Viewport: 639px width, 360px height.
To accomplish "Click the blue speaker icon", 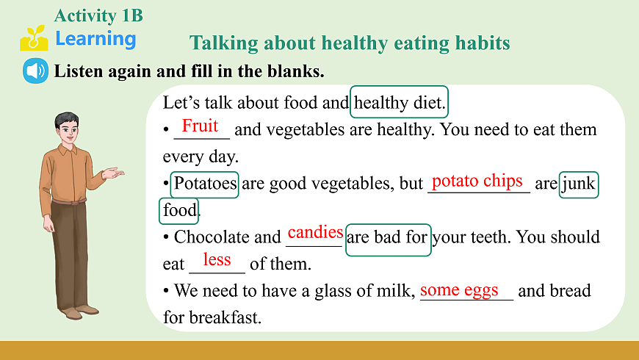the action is click(x=35, y=71).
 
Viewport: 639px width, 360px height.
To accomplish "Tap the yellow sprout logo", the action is click(x=35, y=38).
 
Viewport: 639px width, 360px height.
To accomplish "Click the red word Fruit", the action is click(x=200, y=126).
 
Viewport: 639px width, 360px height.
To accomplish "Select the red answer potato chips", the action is click(x=477, y=181).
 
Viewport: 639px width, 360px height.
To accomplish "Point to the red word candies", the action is click(x=315, y=232).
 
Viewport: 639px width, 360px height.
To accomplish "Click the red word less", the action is click(x=217, y=259).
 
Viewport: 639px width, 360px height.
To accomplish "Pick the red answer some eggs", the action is click(x=459, y=290).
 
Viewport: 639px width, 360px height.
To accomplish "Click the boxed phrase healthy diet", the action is click(x=399, y=102).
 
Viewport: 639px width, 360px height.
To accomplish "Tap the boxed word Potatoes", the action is click(x=205, y=184).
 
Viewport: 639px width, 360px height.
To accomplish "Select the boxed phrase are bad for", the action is click(x=388, y=240).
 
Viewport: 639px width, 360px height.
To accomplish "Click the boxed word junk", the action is click(x=579, y=184).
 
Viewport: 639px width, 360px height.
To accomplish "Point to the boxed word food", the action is click(x=178, y=211).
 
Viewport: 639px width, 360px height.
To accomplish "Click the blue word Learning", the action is click(x=95, y=39).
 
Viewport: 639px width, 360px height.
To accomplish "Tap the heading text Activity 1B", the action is click(x=98, y=15).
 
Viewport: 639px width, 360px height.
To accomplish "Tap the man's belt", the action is click(x=69, y=201).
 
